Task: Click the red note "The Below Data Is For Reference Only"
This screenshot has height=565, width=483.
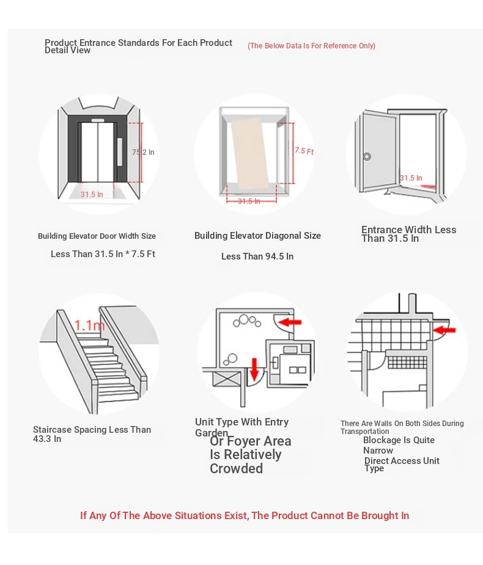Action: tap(311, 46)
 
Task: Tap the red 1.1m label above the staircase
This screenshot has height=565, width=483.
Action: tap(89, 325)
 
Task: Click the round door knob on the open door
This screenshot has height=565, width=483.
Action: tap(367, 156)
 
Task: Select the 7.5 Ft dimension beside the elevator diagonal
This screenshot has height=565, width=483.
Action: tap(304, 151)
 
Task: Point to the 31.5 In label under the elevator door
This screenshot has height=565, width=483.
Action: tap(92, 195)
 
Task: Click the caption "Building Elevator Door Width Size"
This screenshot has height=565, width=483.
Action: tap(97, 236)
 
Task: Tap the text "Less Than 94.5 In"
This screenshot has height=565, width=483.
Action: tap(257, 256)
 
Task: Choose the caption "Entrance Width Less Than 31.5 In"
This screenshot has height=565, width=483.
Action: tap(408, 234)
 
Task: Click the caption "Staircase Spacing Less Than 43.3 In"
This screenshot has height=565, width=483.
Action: tap(92, 434)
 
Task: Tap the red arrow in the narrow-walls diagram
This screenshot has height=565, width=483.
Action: tap(444, 331)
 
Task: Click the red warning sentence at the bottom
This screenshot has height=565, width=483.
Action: tap(245, 515)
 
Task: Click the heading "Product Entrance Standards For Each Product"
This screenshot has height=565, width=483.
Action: tap(138, 43)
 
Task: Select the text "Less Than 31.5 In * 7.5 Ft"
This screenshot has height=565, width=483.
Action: tap(103, 254)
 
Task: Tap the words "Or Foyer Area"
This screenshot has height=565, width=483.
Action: tap(250, 441)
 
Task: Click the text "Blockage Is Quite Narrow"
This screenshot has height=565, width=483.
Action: tap(399, 445)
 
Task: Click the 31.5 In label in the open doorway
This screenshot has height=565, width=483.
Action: tap(411, 178)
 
